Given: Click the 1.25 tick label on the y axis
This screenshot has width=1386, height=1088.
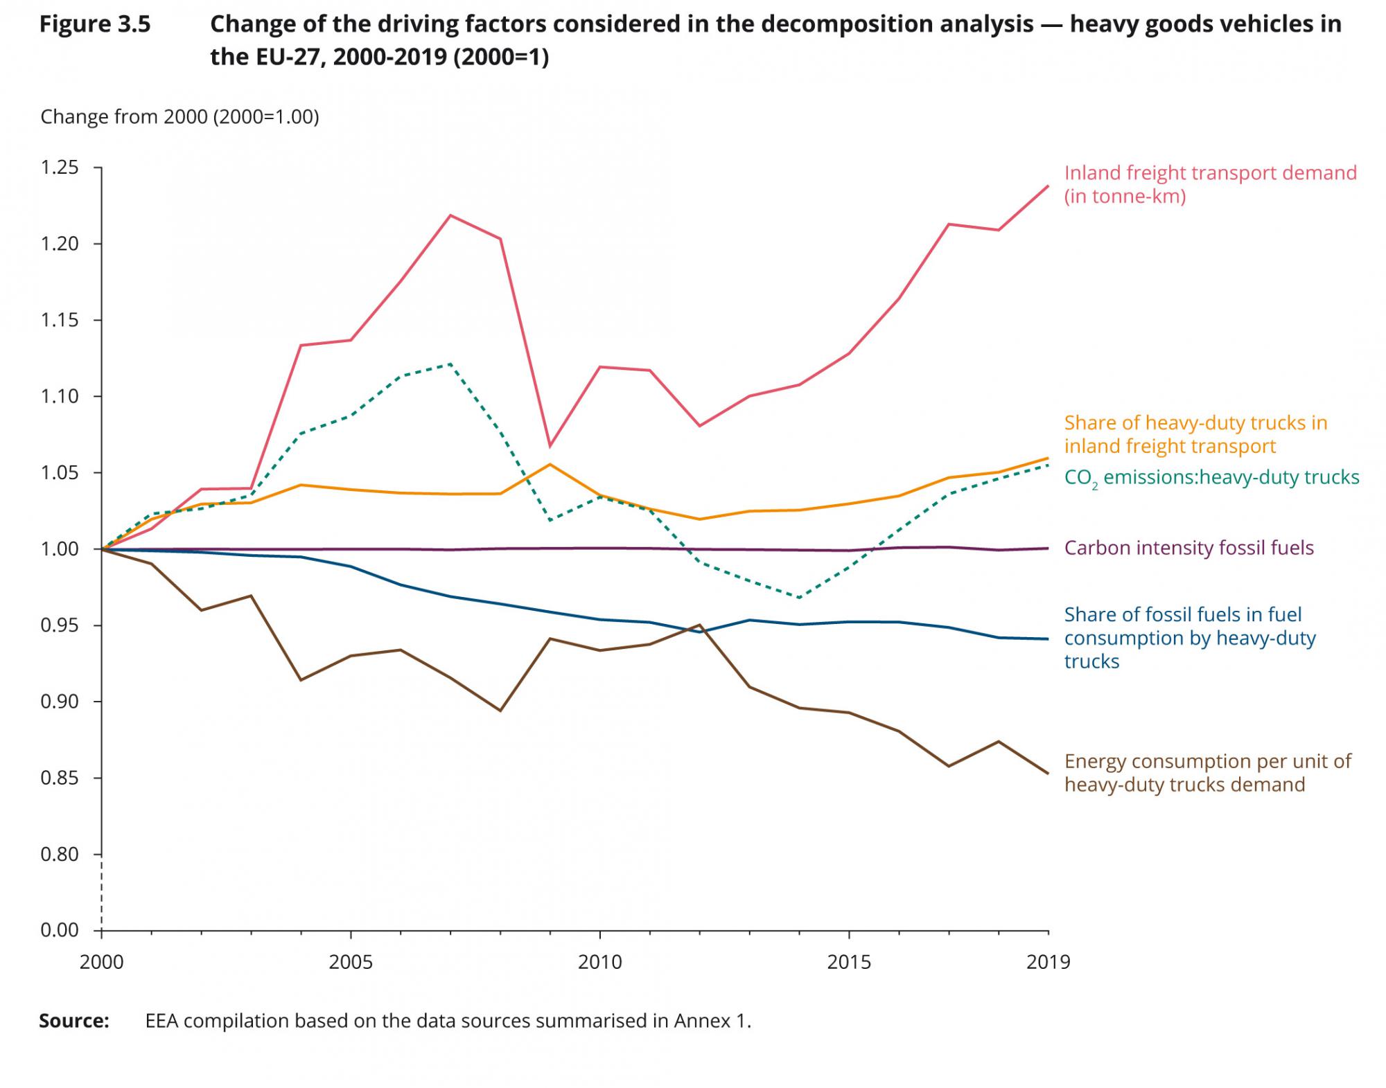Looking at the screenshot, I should click(59, 168).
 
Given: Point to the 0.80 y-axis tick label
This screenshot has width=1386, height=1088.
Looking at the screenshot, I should click(59, 855).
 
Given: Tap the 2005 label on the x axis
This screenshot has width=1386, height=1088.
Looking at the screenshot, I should click(351, 962).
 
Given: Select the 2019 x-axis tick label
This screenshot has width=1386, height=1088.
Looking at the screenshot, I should click(1049, 962).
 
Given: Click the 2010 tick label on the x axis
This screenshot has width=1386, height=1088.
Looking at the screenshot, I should click(599, 962).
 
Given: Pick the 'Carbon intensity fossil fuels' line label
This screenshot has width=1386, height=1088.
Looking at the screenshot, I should click(1188, 548).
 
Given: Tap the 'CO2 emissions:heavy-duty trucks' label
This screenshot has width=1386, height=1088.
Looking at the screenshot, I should click(1211, 477).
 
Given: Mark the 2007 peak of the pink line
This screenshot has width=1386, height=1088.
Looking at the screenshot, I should click(450, 215).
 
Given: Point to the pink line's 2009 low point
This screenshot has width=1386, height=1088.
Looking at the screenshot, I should click(550, 446).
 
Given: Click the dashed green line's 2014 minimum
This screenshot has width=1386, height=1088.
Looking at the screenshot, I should click(799, 598).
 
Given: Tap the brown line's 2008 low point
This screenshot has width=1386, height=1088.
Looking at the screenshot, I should click(500, 711).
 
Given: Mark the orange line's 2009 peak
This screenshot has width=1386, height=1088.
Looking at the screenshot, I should click(550, 464).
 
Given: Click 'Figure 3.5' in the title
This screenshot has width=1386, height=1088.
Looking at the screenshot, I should click(94, 24).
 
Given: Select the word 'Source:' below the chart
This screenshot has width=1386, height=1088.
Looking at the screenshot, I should click(74, 1021).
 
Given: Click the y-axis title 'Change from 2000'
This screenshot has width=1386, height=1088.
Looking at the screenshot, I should click(179, 116).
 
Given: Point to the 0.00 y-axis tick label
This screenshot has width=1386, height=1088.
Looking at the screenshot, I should click(59, 929).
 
